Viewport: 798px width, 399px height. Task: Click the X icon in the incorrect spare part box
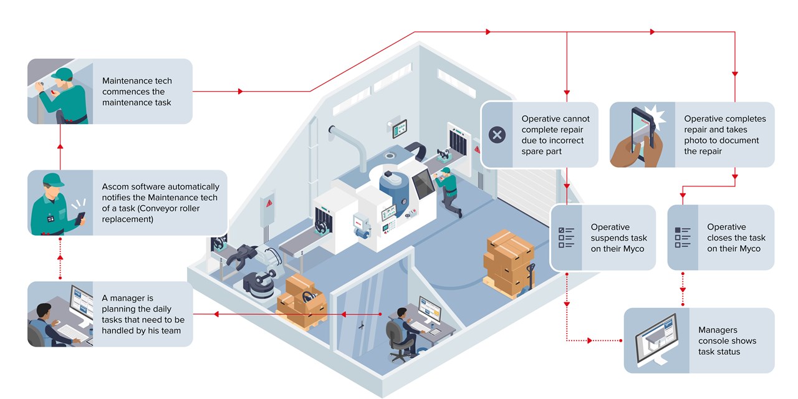pos(497,135)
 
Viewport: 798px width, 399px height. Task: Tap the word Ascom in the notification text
pos(116,187)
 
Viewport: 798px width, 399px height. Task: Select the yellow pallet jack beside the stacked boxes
pos(531,278)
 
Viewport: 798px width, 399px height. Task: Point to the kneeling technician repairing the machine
pos(450,190)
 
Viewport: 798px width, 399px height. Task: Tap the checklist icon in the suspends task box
pos(565,238)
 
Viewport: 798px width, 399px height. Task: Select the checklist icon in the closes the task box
pos(683,238)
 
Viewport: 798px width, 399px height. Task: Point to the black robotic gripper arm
pos(240,257)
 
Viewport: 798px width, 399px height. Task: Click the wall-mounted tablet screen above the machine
pos(400,128)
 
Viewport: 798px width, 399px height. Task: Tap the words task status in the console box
pos(719,352)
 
